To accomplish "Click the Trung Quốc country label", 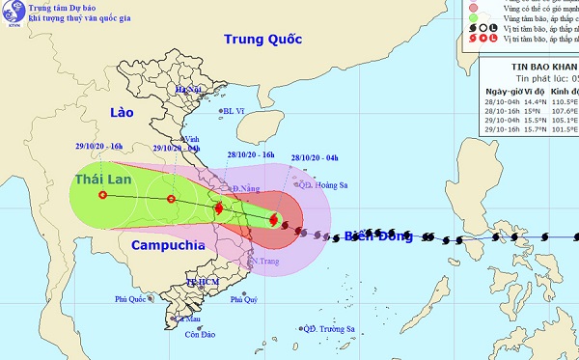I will (262, 40).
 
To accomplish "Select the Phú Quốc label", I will (134, 299).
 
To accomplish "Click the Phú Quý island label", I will (245, 300).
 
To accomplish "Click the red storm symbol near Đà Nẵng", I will (218, 208).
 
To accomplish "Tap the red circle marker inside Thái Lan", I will (102, 195).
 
